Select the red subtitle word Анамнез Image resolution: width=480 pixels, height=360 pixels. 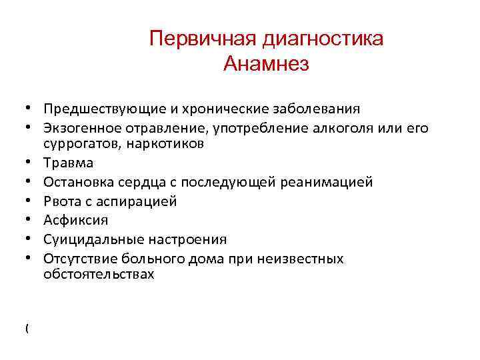(x=267, y=65)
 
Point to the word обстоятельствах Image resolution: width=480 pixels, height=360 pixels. (x=99, y=274)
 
